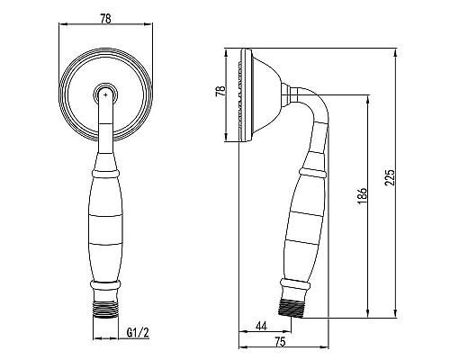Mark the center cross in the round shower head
click(105, 93)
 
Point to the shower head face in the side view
click(245, 94)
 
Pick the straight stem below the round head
click(105, 135)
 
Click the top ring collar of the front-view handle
click(105, 170)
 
